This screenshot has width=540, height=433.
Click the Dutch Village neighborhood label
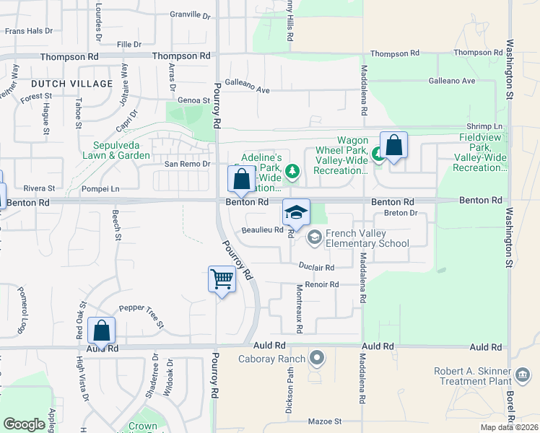click(x=71, y=84)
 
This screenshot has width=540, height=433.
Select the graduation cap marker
click(x=296, y=211)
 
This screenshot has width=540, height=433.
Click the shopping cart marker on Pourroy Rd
click(x=222, y=278)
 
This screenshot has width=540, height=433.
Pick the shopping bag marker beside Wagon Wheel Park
click(x=394, y=145)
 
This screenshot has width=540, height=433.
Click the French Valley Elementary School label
click(x=367, y=238)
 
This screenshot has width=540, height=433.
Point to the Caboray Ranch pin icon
click(x=315, y=357)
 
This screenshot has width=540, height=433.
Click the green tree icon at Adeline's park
click(x=292, y=171)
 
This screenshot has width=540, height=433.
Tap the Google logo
click(x=24, y=424)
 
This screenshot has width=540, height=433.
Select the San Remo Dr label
click(x=187, y=164)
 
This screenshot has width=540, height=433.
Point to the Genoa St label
click(x=194, y=101)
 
